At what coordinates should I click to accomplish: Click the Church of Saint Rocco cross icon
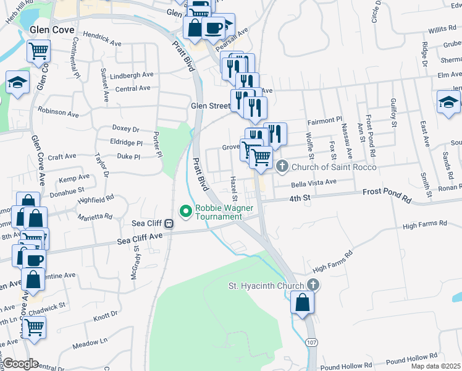(282, 166)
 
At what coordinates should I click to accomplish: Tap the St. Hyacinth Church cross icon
(313, 285)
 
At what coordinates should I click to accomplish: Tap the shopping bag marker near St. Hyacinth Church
(302, 303)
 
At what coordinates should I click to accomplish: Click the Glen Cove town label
(51, 30)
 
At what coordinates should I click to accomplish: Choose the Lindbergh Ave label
(134, 75)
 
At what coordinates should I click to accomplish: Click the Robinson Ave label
(58, 113)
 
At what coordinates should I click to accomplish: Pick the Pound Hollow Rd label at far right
(414, 357)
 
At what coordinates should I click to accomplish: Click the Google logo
(21, 364)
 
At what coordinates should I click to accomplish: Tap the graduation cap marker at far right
(447, 103)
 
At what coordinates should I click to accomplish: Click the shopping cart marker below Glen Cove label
(39, 50)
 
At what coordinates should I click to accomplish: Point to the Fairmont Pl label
(324, 120)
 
